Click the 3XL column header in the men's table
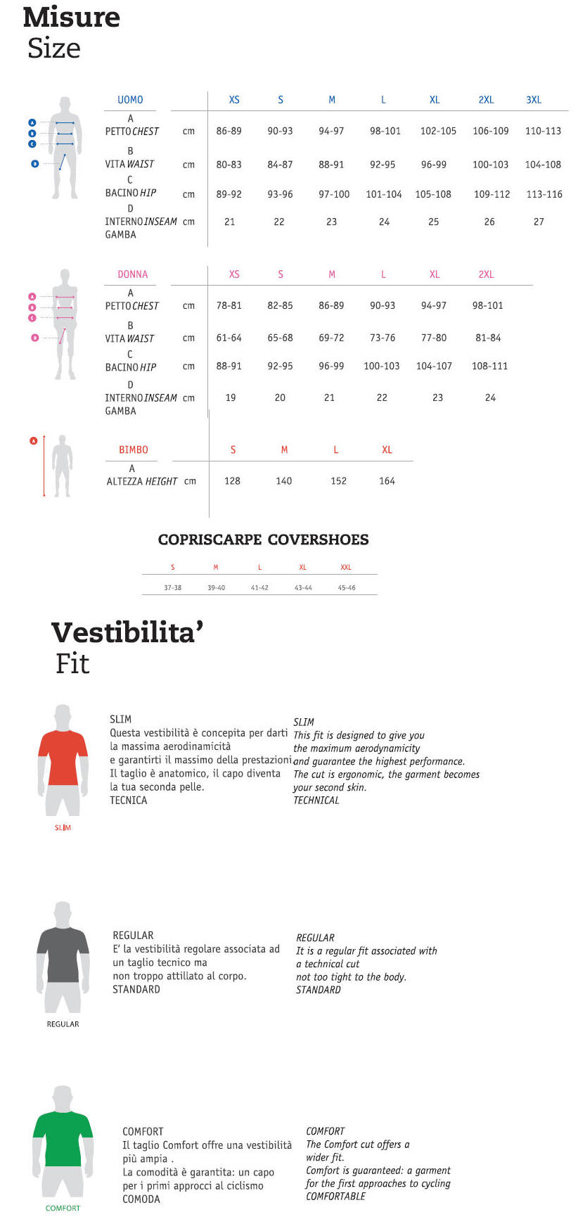click(534, 100)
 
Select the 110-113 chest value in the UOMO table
click(543, 131)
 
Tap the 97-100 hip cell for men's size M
click(334, 194)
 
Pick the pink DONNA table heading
click(133, 274)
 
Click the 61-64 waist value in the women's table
click(229, 338)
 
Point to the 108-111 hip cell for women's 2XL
click(489, 366)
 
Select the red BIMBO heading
click(134, 450)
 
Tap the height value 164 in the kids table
click(387, 481)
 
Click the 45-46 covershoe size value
click(347, 587)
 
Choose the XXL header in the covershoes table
click(346, 567)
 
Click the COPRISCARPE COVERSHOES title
click(263, 540)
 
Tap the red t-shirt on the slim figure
click(63, 757)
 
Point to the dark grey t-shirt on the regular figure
click(63, 953)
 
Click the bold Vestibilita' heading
click(127, 632)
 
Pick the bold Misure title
click(71, 17)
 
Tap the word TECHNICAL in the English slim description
click(316, 801)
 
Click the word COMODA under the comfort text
click(141, 1199)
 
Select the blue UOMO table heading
click(130, 100)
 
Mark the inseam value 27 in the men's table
click(539, 222)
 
